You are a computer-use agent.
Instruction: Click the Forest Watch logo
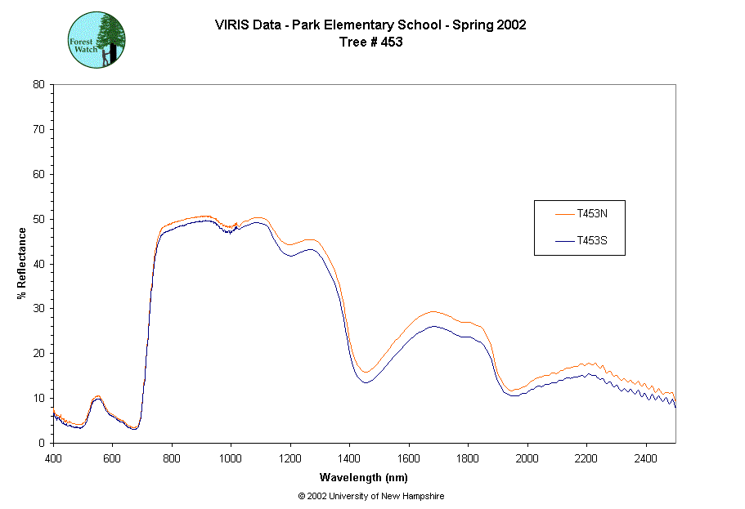[x=96, y=39]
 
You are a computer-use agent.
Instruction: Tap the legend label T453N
[x=591, y=214]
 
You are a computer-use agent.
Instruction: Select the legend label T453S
[x=591, y=241]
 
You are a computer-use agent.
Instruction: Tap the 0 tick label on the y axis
[x=42, y=443]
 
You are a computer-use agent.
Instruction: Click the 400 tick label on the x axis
[x=53, y=458]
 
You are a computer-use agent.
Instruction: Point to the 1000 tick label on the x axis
[x=231, y=458]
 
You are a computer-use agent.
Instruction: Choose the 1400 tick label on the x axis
[x=349, y=458]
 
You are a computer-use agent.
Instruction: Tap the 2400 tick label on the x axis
[x=645, y=458]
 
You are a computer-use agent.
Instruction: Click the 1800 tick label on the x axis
[x=468, y=458]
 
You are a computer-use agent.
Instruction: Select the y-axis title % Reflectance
[x=22, y=263]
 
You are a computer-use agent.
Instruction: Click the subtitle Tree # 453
[x=370, y=42]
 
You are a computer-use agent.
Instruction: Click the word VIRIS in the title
[x=230, y=25]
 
